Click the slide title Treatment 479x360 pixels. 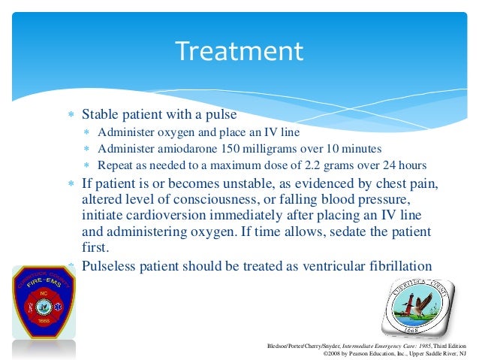pyautogui.click(x=239, y=52)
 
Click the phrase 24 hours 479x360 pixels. pyautogui.click(x=406, y=165)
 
